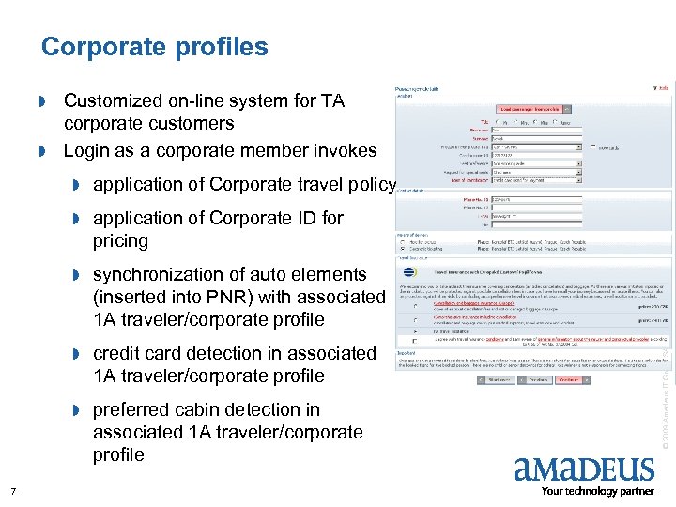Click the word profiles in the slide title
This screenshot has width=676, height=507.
click(x=223, y=47)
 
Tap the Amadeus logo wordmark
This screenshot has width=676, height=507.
click(x=583, y=468)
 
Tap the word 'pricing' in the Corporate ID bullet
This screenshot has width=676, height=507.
click(x=120, y=241)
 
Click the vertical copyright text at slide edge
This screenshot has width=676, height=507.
click(x=665, y=394)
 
